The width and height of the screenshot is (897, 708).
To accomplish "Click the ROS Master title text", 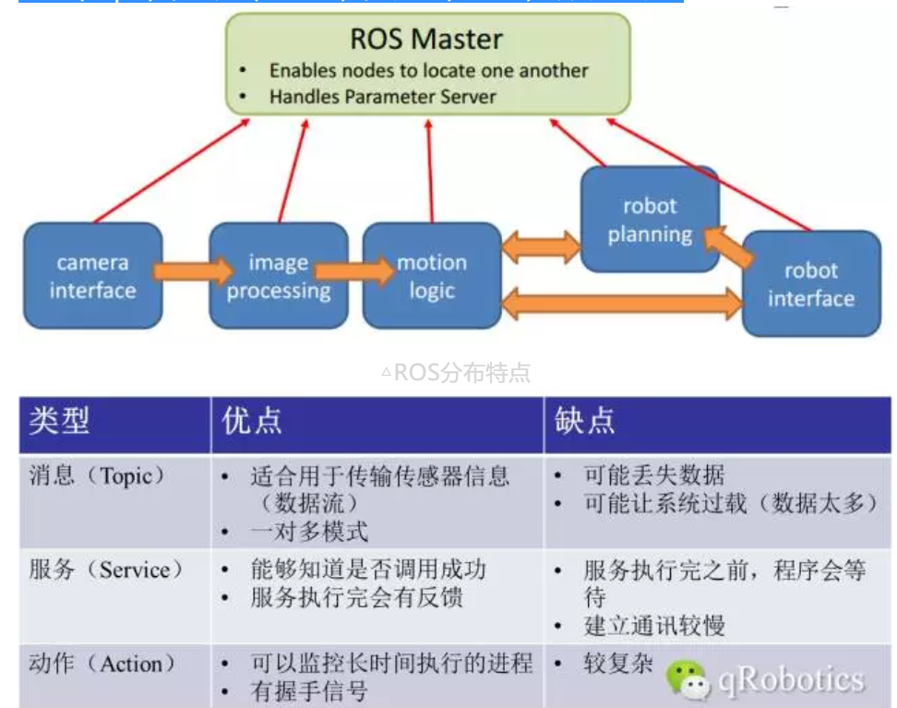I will pyautogui.click(x=426, y=39).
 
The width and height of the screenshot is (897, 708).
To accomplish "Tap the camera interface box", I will pyautogui.click(x=92, y=276).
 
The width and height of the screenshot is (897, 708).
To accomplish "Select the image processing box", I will pyautogui.click(x=278, y=276).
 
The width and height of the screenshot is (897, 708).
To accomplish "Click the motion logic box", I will pyautogui.click(x=432, y=276).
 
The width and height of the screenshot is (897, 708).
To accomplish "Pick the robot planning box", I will pyautogui.click(x=650, y=220).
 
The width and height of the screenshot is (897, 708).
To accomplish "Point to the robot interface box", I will pyautogui.click(x=811, y=284).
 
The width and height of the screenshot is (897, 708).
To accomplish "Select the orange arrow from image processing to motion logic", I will pyautogui.click(x=354, y=271).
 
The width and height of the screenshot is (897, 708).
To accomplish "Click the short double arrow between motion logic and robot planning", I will pyautogui.click(x=541, y=246).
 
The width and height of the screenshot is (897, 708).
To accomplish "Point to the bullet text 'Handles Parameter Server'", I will pyautogui.click(x=382, y=96).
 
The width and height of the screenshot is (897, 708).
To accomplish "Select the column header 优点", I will pyautogui.click(x=252, y=422).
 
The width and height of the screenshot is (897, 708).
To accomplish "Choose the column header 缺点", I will pyautogui.click(x=584, y=422).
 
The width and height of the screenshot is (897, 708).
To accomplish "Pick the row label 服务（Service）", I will pyautogui.click(x=106, y=570).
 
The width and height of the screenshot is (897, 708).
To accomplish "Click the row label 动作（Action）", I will pyautogui.click(x=102, y=664).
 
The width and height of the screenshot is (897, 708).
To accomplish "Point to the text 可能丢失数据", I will pyautogui.click(x=653, y=475).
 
